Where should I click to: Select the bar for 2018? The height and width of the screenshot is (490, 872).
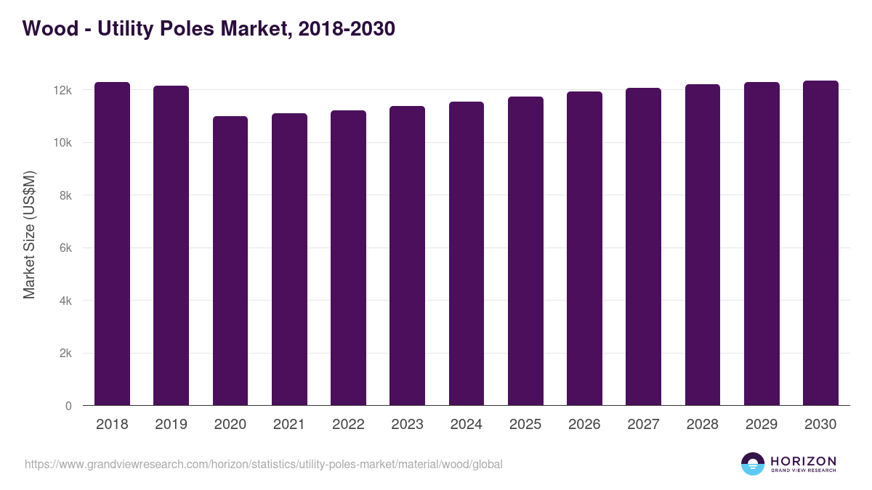112,244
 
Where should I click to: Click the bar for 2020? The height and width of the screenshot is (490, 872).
230,261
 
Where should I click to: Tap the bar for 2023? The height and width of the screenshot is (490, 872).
407,256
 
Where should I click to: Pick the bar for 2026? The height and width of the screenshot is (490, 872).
584,248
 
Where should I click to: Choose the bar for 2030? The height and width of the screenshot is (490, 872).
820,243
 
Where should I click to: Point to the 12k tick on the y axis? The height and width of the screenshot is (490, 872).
63,90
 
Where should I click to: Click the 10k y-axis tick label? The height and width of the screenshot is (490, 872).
63,143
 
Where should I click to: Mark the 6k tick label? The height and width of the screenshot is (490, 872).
65,248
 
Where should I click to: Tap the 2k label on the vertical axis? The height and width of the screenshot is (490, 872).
65,354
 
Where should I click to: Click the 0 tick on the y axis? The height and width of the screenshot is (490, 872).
68,406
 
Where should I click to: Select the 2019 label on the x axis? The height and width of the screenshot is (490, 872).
171,425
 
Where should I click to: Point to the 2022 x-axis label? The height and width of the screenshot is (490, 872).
348,425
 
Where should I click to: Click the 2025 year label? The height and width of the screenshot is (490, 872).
525,425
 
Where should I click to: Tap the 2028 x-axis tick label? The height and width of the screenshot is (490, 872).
702,425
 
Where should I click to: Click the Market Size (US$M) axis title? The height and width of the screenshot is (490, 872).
29,234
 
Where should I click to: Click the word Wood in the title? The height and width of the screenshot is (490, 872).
47,28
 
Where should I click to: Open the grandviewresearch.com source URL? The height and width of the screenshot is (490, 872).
263,464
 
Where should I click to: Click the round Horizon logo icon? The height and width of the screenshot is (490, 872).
752,464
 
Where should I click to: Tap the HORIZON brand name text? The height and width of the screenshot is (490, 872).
803,460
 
